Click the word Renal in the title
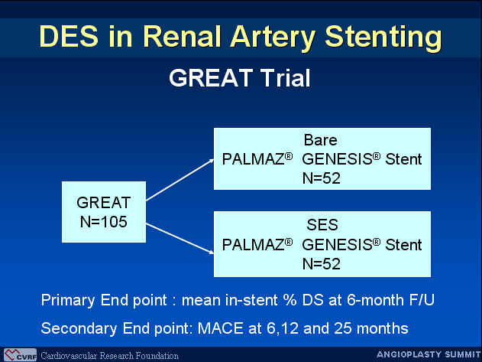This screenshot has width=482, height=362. coord(182,37)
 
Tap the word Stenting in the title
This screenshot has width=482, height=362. coord(383,38)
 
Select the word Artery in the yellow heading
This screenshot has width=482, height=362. coord(273,38)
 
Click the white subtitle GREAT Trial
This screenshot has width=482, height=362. coord(240,78)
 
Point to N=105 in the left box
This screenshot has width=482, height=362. coord(104,221)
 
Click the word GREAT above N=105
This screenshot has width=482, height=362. coord(104,202)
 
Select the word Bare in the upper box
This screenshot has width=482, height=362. coord(320,140)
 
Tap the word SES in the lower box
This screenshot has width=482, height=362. coord(322,224)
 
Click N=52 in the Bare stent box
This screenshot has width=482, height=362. coord(322,178)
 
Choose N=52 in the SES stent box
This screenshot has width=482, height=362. coord(322,264)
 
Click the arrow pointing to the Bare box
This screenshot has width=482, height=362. coord(180,180)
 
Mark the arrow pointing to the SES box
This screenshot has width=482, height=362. coord(180,239)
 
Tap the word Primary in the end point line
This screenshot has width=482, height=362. coord(68,300)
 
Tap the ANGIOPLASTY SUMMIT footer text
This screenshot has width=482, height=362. coord(429,354)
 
